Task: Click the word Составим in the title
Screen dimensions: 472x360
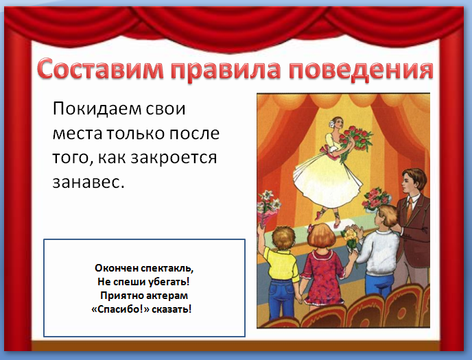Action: [x=101, y=69]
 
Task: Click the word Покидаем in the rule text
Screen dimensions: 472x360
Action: [x=97, y=108]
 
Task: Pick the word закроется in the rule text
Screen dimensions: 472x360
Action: [x=174, y=158]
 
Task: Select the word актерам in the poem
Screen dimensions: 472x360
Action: [x=165, y=296]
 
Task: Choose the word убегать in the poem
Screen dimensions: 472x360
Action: [x=169, y=282]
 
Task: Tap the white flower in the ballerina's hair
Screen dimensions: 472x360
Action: [x=332, y=123]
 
